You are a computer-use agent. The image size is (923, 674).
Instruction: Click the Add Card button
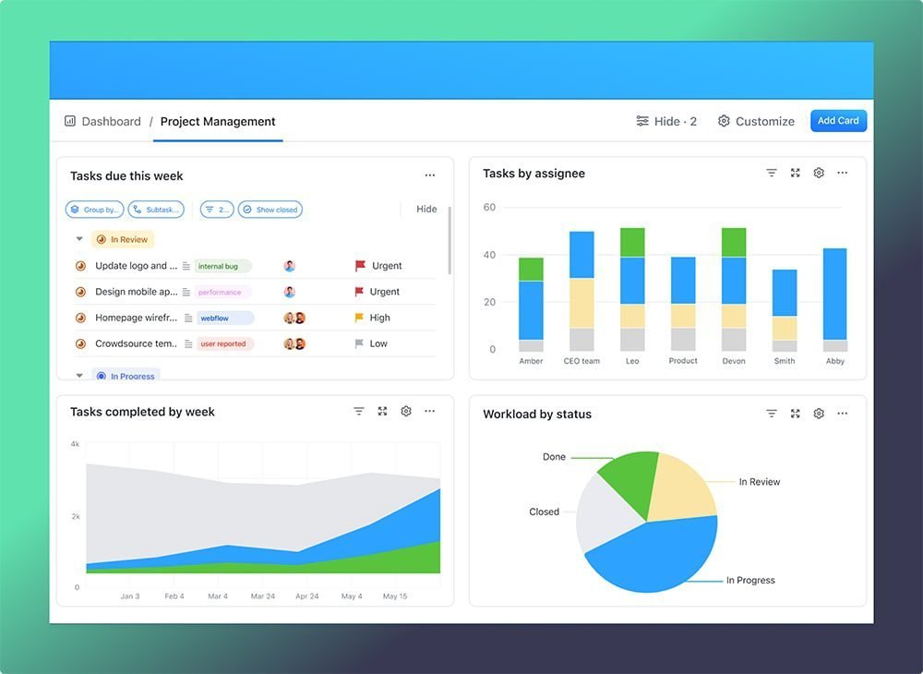838,121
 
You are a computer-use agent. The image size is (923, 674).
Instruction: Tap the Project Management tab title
218,122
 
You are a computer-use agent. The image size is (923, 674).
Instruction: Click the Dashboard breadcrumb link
111,122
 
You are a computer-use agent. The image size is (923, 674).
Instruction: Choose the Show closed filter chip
270,210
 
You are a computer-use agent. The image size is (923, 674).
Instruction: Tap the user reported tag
223,343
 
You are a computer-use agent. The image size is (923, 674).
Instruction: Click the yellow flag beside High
360,318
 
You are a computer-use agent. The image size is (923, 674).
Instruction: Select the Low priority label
378,343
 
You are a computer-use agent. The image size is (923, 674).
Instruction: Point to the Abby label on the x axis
835,361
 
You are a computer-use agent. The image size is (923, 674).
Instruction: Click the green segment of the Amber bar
531,269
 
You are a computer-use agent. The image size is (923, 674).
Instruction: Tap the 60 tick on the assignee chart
489,208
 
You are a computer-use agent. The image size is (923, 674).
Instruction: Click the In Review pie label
759,482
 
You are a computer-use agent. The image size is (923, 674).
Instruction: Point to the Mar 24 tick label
262,596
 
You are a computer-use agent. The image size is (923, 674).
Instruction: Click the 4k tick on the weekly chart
75,444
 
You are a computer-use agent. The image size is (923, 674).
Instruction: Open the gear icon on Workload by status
819,414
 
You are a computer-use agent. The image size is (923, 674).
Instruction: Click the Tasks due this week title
126,176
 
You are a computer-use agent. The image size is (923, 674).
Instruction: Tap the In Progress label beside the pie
750,581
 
